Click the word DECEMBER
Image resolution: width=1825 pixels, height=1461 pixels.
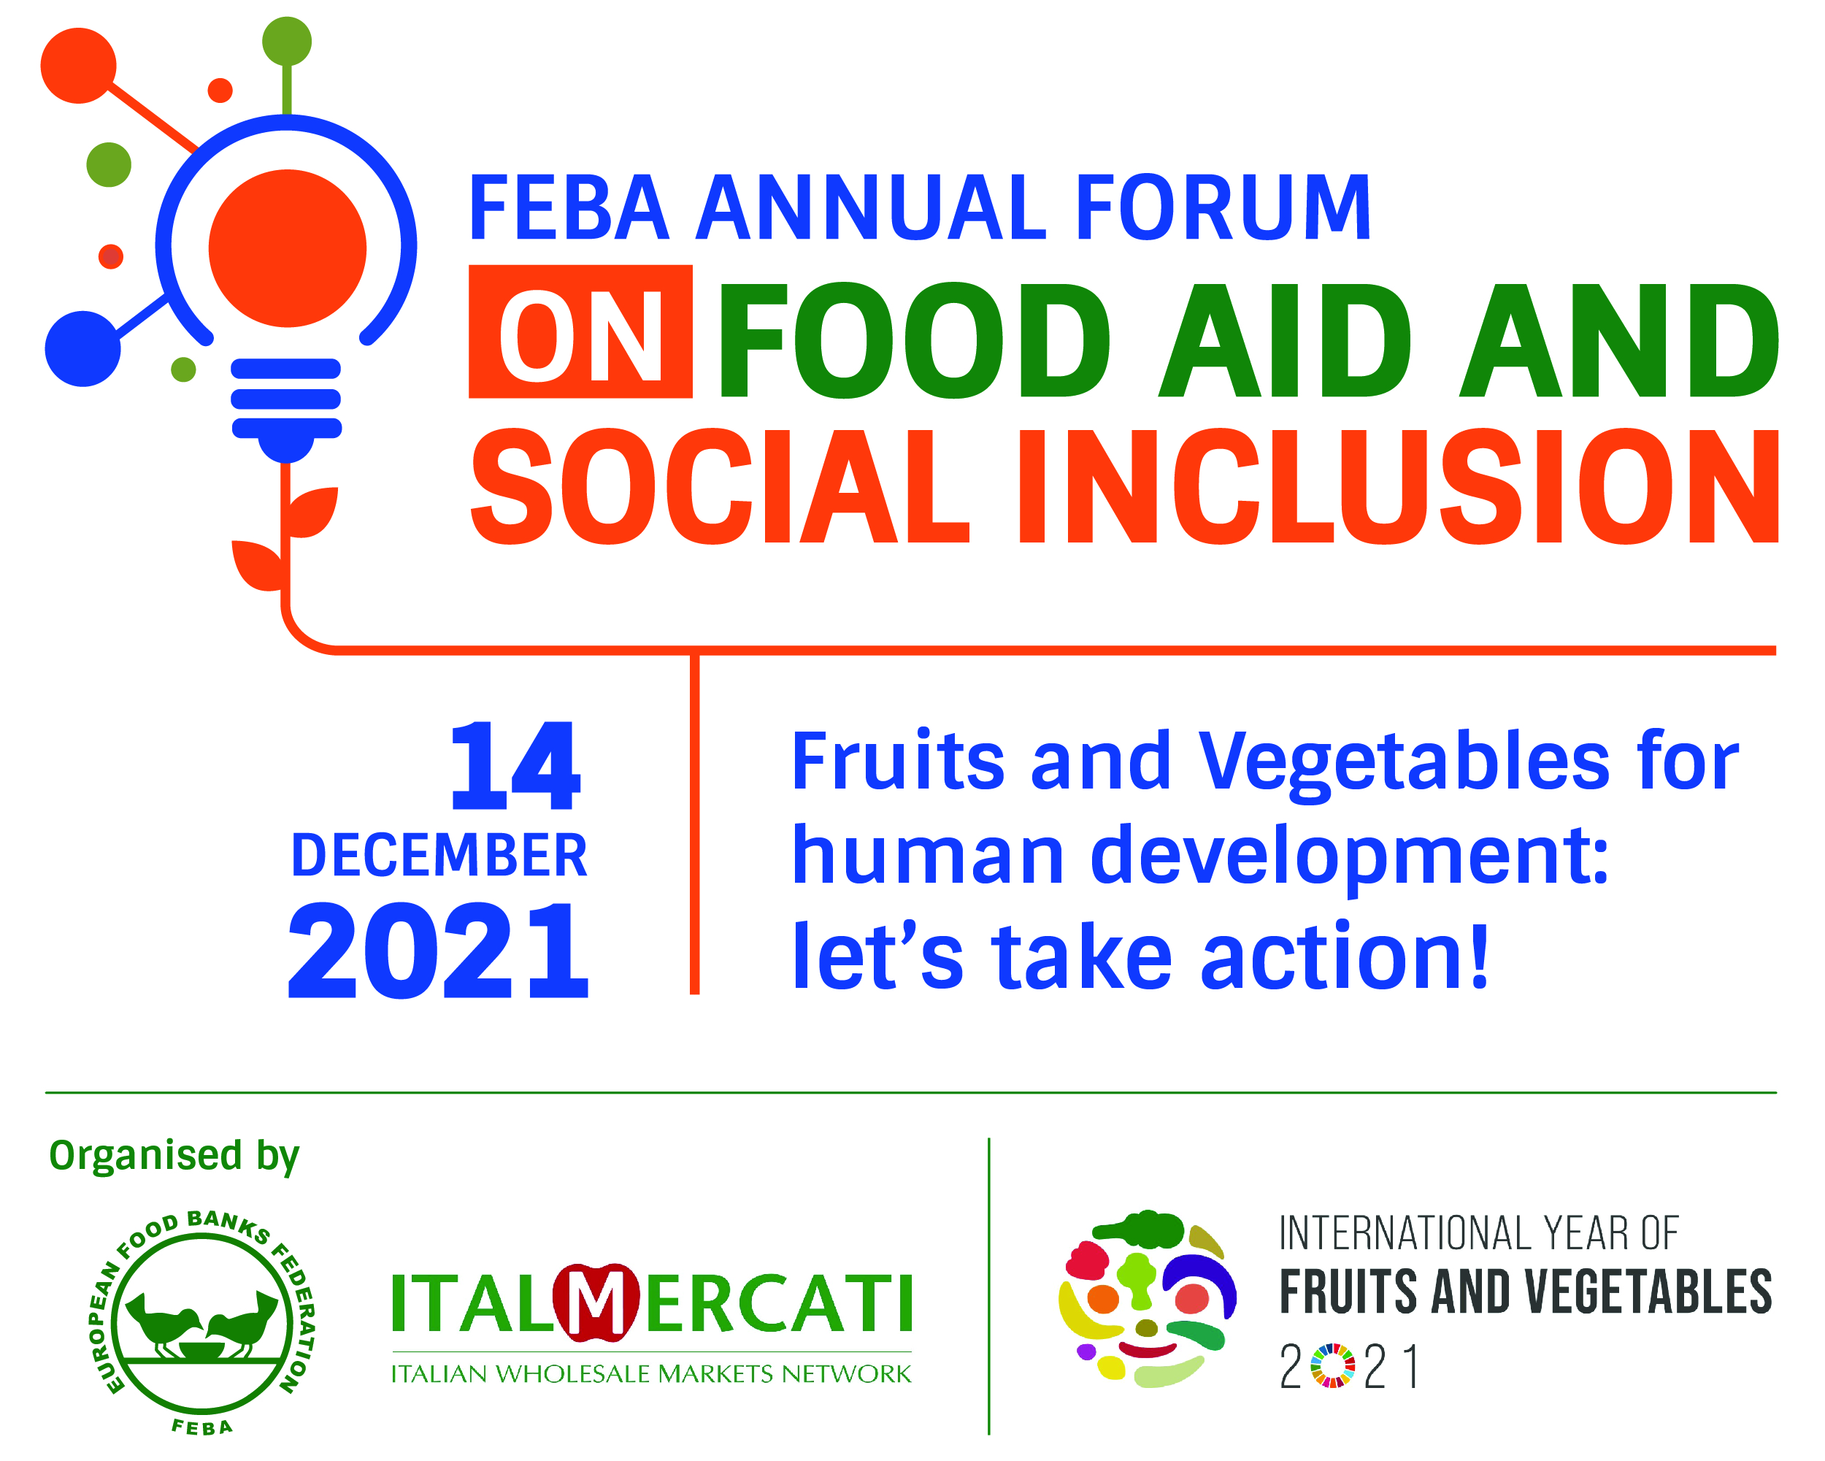[439, 856]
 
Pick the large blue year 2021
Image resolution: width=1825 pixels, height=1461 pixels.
[439, 950]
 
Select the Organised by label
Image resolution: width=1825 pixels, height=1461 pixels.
[174, 1157]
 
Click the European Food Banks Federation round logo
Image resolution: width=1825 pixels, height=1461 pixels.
[201, 1323]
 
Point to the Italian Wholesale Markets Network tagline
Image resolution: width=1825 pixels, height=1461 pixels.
[651, 1373]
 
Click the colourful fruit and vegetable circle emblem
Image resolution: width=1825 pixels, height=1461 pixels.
[1147, 1300]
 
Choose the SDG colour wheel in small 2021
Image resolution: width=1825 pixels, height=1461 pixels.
[1332, 1366]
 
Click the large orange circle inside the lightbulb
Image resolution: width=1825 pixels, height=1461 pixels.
[288, 248]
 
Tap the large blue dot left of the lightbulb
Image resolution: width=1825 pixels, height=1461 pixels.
[82, 349]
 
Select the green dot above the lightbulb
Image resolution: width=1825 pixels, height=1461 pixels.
[287, 42]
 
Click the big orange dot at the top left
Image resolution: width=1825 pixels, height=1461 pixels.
[79, 65]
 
